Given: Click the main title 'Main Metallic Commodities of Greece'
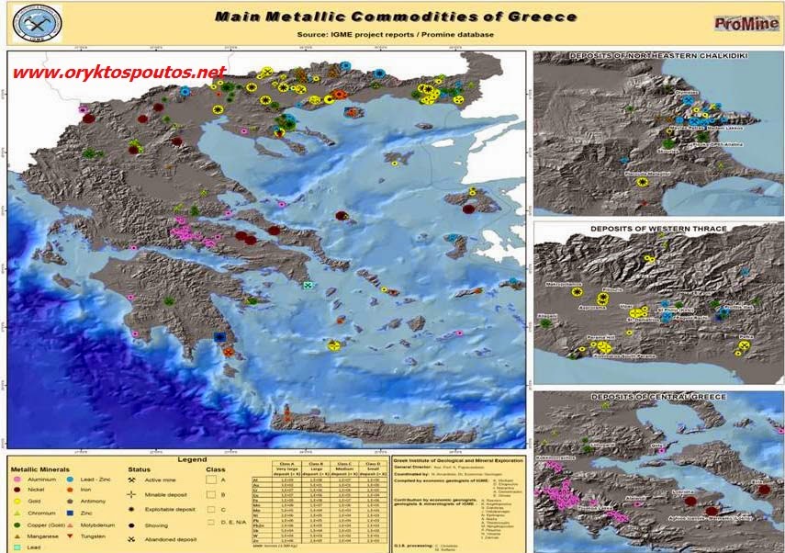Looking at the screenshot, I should pyautogui.click(x=396, y=17).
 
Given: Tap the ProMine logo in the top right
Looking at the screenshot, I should pyautogui.click(x=740, y=23).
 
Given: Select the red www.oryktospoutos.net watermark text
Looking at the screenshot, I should pyautogui.click(x=119, y=73).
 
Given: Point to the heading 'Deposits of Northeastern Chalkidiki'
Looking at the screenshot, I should pyautogui.click(x=657, y=57).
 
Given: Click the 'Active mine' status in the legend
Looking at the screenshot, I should pyautogui.click(x=158, y=480).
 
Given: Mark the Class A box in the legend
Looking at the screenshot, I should pyautogui.click(x=212, y=480).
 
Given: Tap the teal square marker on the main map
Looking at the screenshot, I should pyautogui.click(x=308, y=285).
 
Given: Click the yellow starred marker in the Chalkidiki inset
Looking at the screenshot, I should pyautogui.click(x=643, y=182).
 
